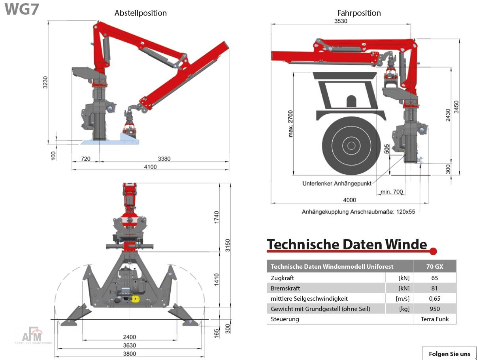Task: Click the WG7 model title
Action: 22,9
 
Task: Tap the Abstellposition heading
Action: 141,13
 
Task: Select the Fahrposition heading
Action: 359,13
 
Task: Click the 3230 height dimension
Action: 45,82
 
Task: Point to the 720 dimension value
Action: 86,159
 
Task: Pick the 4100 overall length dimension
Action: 150,167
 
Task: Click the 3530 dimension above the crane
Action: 341,21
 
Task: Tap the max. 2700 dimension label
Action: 290,124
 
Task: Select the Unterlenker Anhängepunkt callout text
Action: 337,184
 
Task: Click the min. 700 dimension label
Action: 392,192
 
